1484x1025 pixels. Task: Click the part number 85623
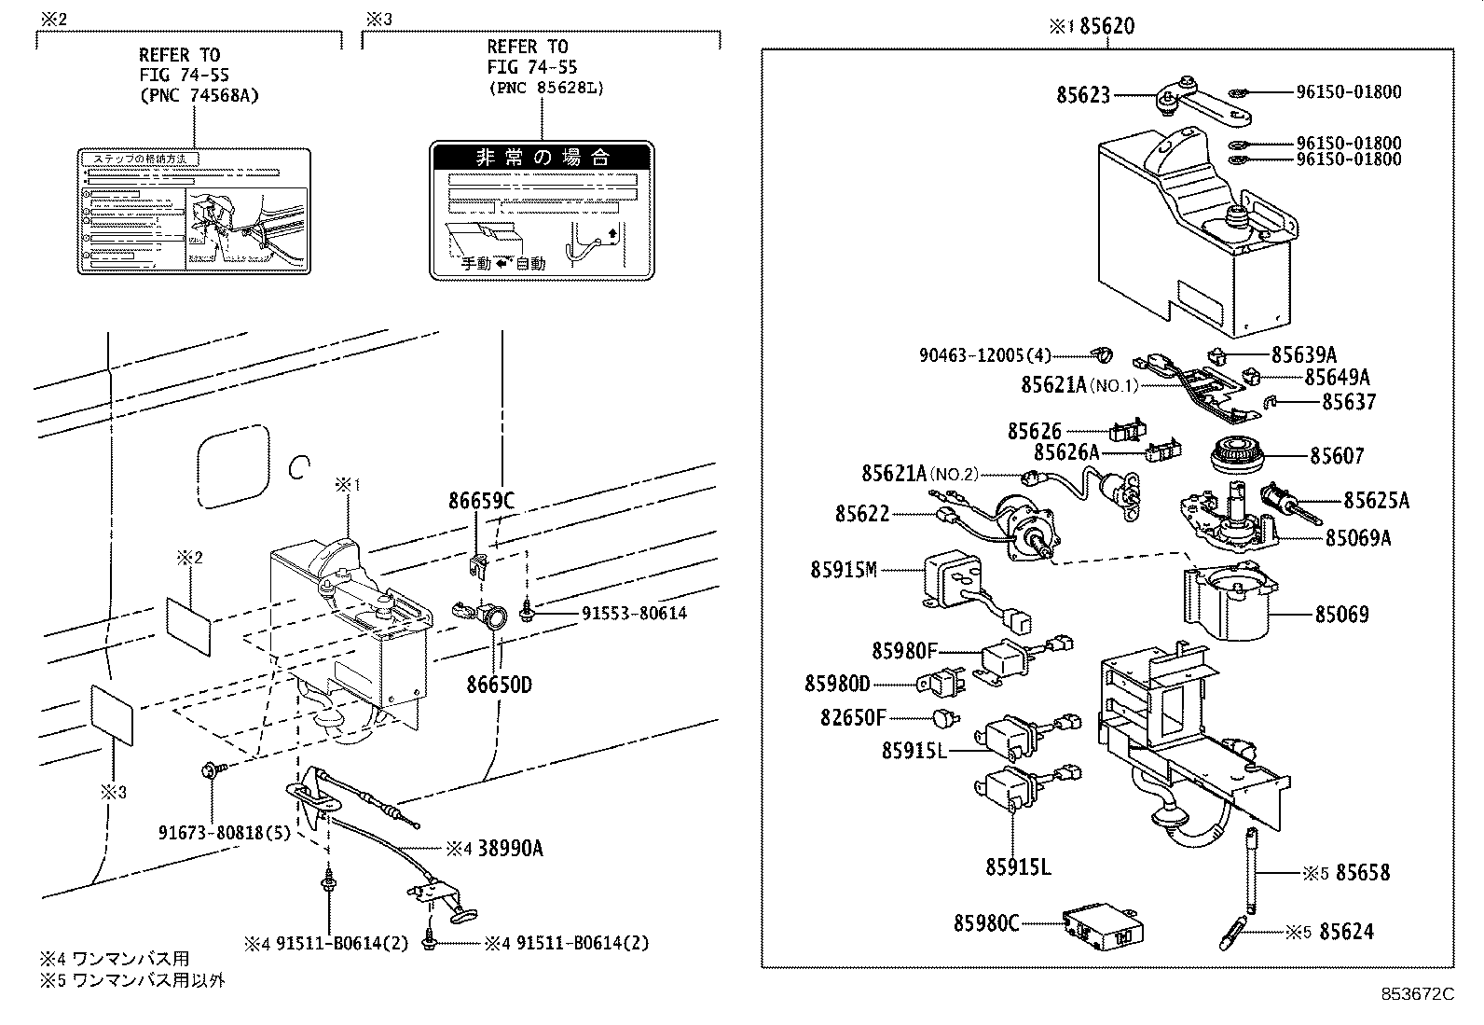click(1083, 94)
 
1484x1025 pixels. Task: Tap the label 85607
click(1337, 456)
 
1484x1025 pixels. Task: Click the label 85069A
click(1358, 538)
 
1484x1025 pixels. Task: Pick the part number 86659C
click(481, 502)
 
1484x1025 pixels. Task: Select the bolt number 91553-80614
click(635, 613)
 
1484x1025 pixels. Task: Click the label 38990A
click(511, 848)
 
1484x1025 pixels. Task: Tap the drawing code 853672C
click(1418, 994)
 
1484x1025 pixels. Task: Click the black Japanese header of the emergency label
click(542, 157)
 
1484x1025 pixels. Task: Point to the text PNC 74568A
click(199, 95)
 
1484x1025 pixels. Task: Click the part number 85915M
click(844, 570)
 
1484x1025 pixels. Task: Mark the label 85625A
click(1376, 501)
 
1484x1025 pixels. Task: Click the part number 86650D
click(499, 685)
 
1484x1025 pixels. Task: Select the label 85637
click(1348, 402)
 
